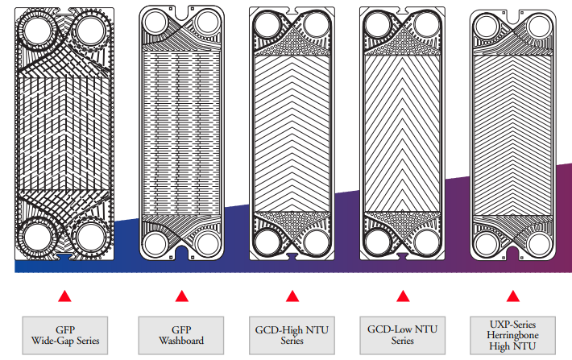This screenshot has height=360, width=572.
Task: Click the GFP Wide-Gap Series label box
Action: click(x=65, y=336)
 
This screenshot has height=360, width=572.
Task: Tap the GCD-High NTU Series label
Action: click(x=292, y=336)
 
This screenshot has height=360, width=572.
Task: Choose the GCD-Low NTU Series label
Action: click(x=402, y=336)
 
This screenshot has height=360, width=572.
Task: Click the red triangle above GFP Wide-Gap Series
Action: click(x=65, y=296)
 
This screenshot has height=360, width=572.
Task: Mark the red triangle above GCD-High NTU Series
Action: click(x=292, y=296)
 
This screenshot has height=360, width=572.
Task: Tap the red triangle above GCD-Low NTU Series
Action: click(x=402, y=296)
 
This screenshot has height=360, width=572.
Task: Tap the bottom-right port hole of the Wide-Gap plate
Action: click(x=91, y=238)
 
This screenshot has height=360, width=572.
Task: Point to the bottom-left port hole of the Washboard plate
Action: click(x=153, y=244)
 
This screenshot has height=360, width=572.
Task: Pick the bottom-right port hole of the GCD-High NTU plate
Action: click(x=319, y=242)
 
